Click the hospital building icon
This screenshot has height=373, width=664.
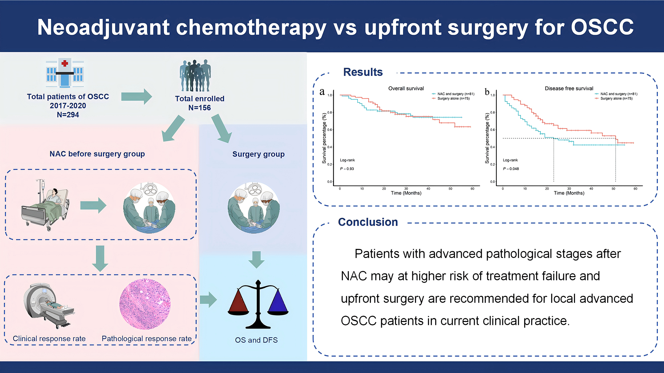(65, 73)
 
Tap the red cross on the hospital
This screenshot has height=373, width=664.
(65, 63)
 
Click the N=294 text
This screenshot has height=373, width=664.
(68, 115)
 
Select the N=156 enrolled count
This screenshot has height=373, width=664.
(200, 108)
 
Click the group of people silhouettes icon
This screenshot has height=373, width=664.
(195, 76)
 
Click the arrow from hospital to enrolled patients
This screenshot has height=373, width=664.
(136, 96)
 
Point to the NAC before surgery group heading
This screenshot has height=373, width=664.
(97, 154)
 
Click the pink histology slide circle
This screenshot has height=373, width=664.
(145, 304)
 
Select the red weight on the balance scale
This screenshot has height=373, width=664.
(238, 302)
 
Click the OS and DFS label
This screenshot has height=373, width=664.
(256, 340)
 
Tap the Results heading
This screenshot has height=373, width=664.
(363, 72)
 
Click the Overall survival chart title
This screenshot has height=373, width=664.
(406, 89)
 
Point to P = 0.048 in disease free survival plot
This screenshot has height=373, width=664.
(511, 169)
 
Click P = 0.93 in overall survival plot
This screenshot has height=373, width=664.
(347, 169)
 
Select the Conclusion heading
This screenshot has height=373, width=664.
(368, 222)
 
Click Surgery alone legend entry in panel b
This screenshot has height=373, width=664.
(616, 98)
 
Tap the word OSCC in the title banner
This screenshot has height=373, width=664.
(602, 27)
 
